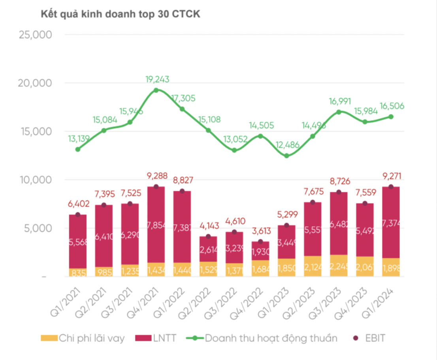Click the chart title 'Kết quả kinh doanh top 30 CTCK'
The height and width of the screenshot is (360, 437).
(x=121, y=15)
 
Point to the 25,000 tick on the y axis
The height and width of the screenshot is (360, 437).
(x=36, y=35)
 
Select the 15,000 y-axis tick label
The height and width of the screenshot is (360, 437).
(x=36, y=131)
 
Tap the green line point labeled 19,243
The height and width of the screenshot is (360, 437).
(x=156, y=90)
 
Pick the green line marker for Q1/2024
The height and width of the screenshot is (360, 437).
(x=391, y=116)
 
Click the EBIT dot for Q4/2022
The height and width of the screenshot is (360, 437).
(x=260, y=242)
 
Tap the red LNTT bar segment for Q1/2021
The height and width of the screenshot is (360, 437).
(x=78, y=242)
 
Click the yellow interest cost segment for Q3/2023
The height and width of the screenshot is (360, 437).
(x=339, y=266)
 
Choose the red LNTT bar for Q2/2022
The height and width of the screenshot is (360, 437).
(x=208, y=249)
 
